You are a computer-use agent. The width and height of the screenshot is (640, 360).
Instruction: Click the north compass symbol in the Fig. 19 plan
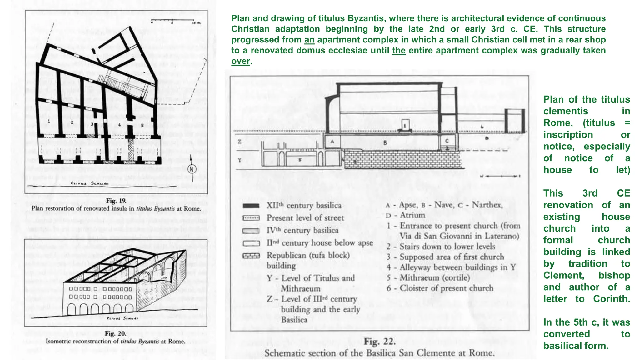click(x=192, y=169)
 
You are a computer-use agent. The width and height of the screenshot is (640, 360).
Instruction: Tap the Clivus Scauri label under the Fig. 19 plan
click(x=89, y=183)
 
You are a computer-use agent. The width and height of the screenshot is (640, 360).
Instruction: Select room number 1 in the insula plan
click(x=49, y=121)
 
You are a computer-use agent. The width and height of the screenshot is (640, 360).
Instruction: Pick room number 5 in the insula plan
click(x=142, y=125)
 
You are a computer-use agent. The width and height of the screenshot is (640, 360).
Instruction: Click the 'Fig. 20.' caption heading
click(x=115, y=333)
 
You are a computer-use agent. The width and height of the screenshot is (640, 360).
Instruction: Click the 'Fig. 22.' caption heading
click(x=380, y=341)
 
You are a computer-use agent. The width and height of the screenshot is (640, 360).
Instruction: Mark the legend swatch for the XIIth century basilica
click(x=251, y=206)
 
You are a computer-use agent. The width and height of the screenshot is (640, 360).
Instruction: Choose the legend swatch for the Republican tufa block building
click(x=251, y=256)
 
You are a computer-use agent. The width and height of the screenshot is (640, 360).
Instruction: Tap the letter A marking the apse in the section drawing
click(x=332, y=141)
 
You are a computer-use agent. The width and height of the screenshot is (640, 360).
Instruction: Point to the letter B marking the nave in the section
click(x=385, y=142)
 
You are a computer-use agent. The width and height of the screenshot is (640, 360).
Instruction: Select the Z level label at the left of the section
click(x=239, y=142)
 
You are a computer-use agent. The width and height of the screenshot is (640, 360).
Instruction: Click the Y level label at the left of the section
click(x=239, y=160)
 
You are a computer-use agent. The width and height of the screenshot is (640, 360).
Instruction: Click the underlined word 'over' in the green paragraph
click(x=241, y=61)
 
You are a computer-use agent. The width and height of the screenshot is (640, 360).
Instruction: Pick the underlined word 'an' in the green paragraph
click(x=309, y=40)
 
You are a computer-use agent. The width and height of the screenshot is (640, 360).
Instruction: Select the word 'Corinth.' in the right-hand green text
click(x=612, y=299)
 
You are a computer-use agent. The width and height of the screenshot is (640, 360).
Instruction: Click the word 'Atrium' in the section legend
click(x=412, y=215)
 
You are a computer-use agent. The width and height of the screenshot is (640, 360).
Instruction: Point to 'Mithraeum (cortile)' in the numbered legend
click(x=435, y=278)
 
